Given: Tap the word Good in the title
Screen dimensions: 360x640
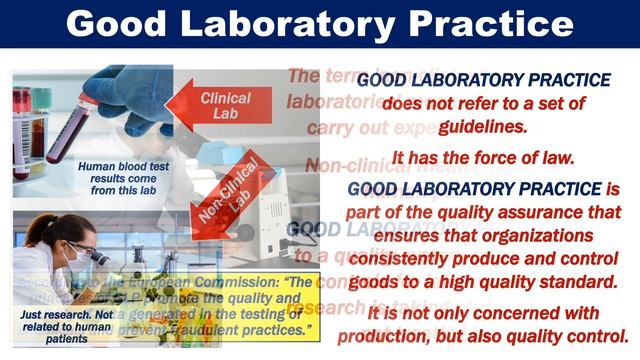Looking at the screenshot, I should pyautogui.click(x=132, y=24).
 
